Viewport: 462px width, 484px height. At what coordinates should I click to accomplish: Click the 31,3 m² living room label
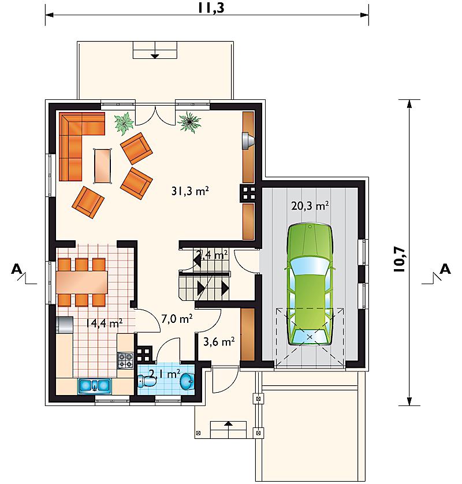(190, 191)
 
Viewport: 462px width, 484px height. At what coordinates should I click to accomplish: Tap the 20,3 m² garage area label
(310, 205)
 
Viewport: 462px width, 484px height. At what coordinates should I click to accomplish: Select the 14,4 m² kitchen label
(104, 323)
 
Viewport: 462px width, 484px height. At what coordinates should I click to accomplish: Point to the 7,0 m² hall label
(177, 319)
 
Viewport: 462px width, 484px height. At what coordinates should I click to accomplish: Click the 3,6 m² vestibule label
(219, 341)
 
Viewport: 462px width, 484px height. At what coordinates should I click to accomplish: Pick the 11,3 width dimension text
(211, 8)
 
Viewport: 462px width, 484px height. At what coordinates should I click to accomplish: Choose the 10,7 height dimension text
(400, 259)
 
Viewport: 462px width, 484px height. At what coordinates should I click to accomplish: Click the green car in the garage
(310, 284)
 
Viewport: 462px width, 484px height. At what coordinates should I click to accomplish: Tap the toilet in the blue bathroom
(147, 381)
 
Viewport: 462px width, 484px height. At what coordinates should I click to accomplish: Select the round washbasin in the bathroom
(187, 382)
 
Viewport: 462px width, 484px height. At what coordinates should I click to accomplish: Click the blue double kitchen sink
(95, 386)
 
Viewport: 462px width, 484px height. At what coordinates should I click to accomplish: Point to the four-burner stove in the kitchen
(125, 360)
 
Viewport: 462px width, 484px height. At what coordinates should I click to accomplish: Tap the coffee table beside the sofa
(102, 166)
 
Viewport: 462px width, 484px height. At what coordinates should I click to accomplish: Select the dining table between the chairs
(82, 282)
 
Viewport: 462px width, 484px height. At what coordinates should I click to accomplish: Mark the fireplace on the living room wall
(248, 141)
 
